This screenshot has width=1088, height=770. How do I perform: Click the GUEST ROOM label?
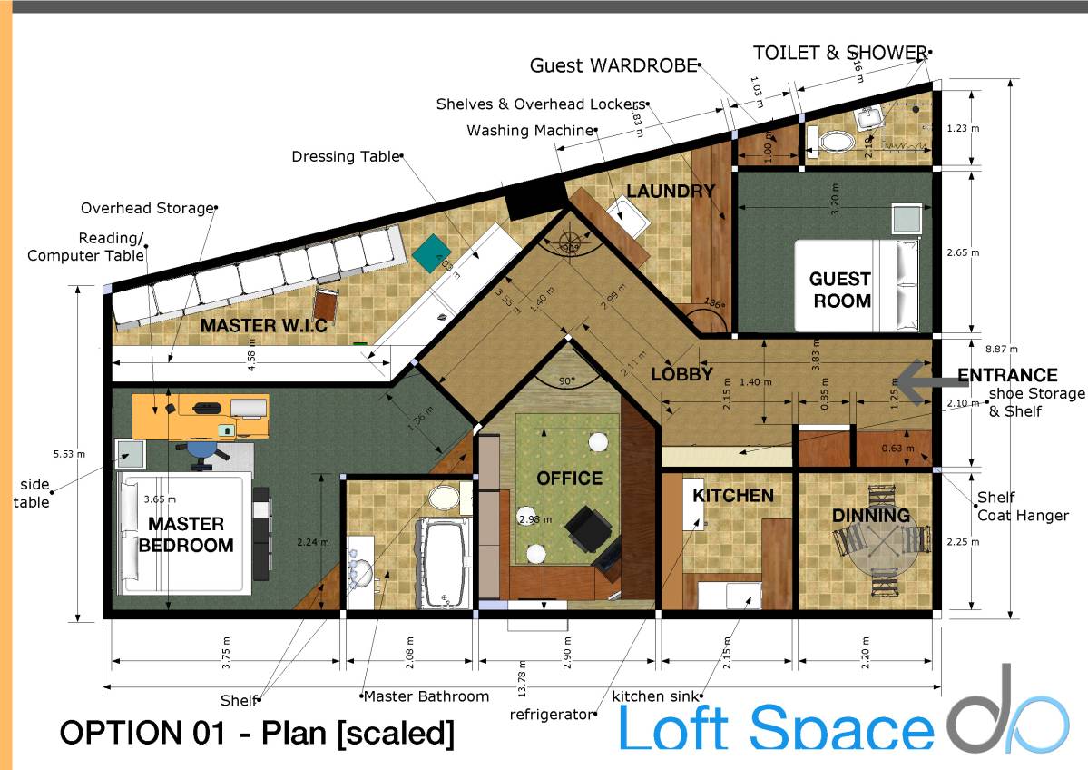click(840, 290)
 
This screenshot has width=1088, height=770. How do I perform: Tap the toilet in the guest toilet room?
click(836, 141)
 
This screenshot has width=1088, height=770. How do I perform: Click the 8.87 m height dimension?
click(1007, 348)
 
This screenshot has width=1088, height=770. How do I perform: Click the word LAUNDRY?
click(671, 191)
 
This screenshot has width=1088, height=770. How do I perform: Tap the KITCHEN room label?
click(733, 495)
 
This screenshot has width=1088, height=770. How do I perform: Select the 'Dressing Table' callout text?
click(345, 156)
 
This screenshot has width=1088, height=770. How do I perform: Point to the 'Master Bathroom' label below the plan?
click(426, 696)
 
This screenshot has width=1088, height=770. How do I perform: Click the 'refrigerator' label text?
click(550, 714)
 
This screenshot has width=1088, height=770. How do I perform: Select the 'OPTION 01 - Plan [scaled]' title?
click(257, 733)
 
